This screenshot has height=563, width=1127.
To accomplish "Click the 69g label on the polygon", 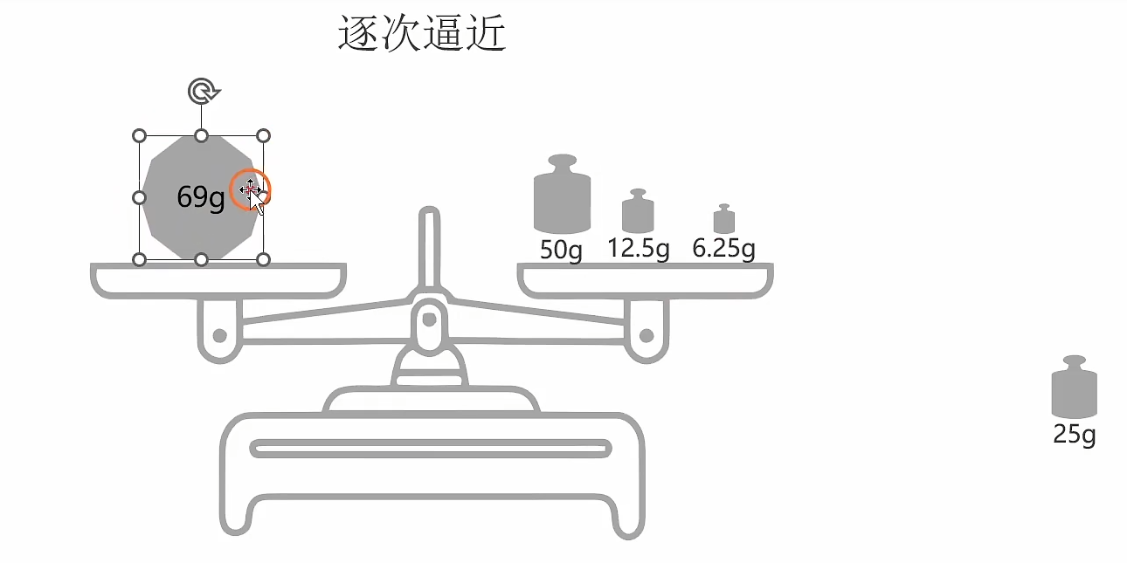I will (201, 198).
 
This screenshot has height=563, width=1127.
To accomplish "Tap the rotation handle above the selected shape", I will (203, 90).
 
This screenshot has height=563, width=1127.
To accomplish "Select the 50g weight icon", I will (562, 196).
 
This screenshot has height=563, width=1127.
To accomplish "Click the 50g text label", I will (561, 251).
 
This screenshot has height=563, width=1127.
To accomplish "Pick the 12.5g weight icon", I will (638, 212).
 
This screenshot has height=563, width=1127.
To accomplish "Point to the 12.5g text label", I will (639, 249).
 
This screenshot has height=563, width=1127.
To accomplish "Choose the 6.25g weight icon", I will (724, 219).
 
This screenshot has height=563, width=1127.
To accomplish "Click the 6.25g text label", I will (723, 249).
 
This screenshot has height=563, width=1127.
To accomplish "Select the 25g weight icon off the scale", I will (1074, 388).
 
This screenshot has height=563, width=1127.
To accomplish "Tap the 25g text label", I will (1074, 434).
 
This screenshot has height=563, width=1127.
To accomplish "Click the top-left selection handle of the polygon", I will (139, 136).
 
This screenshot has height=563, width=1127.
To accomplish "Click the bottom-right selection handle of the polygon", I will (264, 259).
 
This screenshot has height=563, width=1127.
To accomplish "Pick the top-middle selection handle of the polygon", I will (201, 136).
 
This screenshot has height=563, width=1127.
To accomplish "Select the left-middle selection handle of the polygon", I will (139, 198).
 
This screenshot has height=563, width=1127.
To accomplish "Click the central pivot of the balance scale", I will (428, 319).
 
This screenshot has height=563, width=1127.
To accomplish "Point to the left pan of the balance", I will (218, 279).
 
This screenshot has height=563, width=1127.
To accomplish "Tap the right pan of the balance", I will (645, 279).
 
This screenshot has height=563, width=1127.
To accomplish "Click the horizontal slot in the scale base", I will (431, 449).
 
